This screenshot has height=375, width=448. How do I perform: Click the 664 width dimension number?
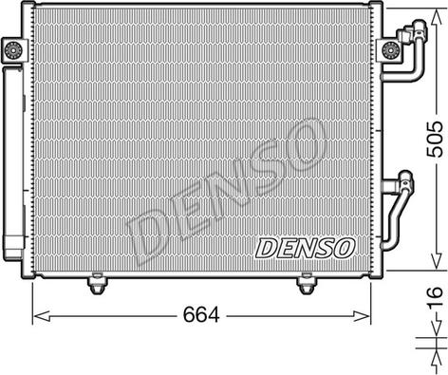point(201,314)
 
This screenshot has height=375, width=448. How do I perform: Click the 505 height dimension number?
point(434,140)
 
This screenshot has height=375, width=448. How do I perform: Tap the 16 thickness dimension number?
point(435,297)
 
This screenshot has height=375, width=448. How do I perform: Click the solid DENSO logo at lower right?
point(305,248)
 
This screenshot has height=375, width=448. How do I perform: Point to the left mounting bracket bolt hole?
point(13,49)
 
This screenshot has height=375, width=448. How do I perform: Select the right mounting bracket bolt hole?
point(389,49)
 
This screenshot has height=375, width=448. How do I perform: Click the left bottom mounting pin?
point(97,284)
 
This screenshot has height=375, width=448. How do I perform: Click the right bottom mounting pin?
point(306,284)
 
